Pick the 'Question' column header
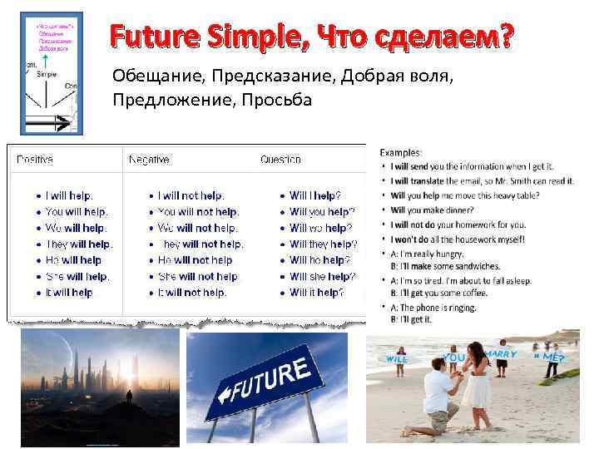(x=280, y=159)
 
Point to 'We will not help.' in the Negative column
(x=197, y=228)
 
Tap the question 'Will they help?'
(x=323, y=244)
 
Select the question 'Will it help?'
(x=316, y=293)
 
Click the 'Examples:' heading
(x=401, y=152)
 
